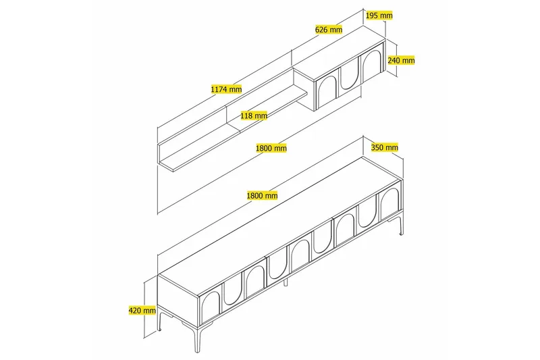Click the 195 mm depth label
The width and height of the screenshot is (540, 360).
378,15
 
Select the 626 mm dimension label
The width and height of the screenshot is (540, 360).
329,30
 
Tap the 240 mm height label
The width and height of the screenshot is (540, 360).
401,60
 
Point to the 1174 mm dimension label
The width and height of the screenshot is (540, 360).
226,88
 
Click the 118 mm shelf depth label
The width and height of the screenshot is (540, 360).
254,115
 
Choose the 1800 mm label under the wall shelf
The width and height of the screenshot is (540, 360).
271,147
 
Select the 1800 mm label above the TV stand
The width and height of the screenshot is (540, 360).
263,195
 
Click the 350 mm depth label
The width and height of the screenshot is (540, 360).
385,147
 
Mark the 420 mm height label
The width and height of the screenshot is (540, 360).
142,311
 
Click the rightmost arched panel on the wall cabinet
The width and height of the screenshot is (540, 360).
372,66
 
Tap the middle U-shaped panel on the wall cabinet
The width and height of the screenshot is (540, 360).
349,76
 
